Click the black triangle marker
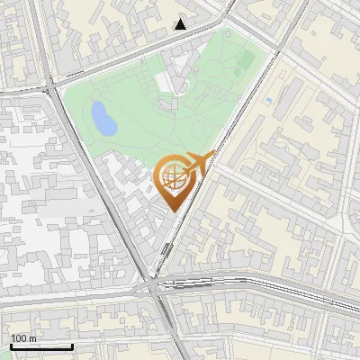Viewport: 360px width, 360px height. click(x=181, y=24)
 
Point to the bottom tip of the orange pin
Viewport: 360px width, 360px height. click(x=172, y=212)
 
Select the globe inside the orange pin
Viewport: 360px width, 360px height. click(x=172, y=180)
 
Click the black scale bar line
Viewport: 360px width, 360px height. click(x=41, y=346)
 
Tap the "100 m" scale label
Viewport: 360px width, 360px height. click(x=23, y=338)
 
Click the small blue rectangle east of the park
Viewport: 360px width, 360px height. click(x=269, y=100)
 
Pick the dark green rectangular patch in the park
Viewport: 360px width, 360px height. click(x=245, y=59)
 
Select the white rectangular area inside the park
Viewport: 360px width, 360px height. click(x=163, y=82)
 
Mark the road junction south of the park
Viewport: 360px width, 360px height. click(x=153, y=283)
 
